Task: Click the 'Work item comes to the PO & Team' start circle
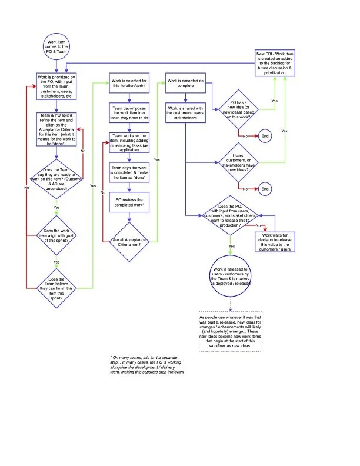pyautogui.click(x=56, y=46)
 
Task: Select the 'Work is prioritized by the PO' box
pyautogui.click(x=56, y=86)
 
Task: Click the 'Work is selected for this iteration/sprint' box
pyautogui.click(x=129, y=84)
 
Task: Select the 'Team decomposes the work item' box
pyautogui.click(x=129, y=112)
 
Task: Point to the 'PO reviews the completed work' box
pyautogui.click(x=129, y=203)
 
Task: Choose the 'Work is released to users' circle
pyautogui.click(x=231, y=275)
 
